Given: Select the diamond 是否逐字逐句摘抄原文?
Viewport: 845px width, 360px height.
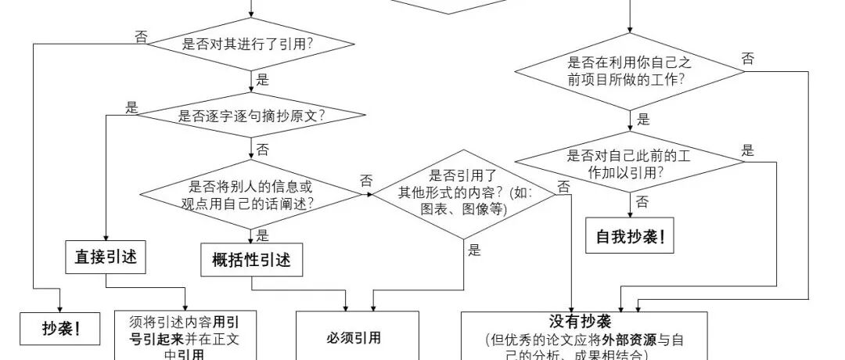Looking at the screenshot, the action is point(252,117).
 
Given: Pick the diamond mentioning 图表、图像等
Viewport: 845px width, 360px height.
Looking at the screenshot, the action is point(465,193).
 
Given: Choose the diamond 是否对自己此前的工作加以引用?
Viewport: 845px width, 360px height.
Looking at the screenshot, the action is point(630,164).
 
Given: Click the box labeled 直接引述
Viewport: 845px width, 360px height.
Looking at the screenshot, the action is point(106,257).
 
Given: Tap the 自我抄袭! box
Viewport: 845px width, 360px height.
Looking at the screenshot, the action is point(630,236).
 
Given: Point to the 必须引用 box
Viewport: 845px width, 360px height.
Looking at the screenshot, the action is point(356,338).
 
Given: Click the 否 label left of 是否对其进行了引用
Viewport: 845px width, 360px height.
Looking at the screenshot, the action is point(141,37).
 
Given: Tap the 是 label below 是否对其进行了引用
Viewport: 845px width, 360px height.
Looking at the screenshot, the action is point(262,79).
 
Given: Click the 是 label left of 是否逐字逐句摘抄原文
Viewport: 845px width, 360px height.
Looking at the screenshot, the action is point(131,108).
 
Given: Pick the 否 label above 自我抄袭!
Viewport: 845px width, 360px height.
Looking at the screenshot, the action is point(642,202).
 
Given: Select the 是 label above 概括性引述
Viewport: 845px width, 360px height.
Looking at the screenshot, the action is point(263,235).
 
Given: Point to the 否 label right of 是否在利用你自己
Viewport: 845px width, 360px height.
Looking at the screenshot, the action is point(748,59).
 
